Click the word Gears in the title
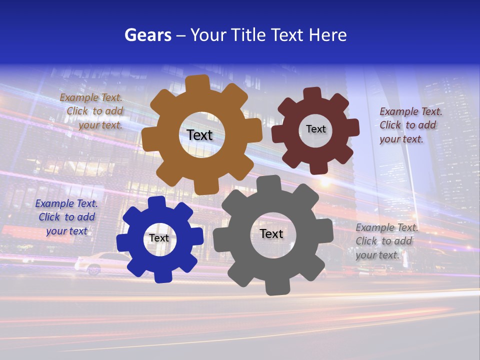pyautogui.click(x=147, y=35)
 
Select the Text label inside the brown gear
pyautogui.click(x=199, y=135)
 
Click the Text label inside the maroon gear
pyautogui.click(x=315, y=129)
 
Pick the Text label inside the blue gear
pyautogui.click(x=159, y=238)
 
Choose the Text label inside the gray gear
pyautogui.click(x=271, y=233)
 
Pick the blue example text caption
pyautogui.click(x=66, y=217)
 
